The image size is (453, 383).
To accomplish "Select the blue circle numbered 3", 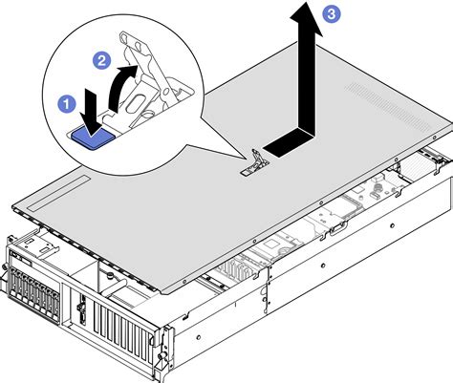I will [331, 13].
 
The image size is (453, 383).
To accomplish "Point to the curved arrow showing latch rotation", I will [119, 94].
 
